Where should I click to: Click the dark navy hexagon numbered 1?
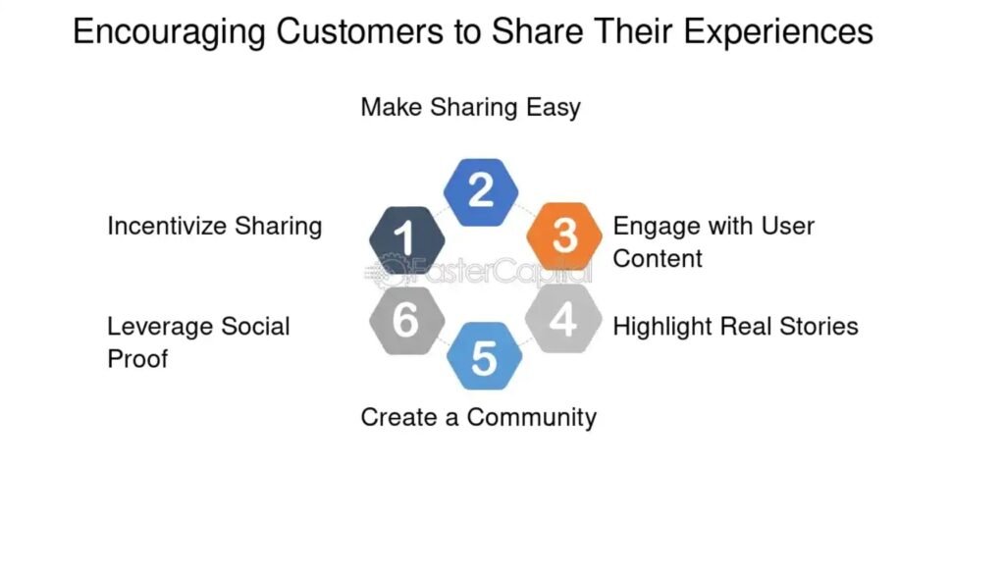click(x=407, y=239)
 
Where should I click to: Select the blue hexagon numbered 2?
click(x=481, y=192)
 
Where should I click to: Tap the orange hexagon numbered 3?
click(x=564, y=235)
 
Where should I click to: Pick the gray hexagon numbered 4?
click(x=563, y=318)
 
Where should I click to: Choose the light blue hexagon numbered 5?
click(x=484, y=356)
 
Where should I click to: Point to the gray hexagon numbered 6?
click(x=407, y=320)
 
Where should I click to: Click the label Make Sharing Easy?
click(x=470, y=108)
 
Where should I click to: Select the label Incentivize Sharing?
click(x=215, y=227)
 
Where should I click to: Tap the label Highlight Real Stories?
click(x=735, y=327)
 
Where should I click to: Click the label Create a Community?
click(x=478, y=418)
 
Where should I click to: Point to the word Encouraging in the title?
click(x=169, y=32)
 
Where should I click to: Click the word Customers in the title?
click(x=359, y=31)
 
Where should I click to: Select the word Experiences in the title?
click(x=778, y=32)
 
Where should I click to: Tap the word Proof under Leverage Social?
click(x=137, y=359)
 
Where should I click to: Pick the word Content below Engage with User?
click(x=658, y=259)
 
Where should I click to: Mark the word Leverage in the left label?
click(x=160, y=327)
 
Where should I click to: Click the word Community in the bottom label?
click(x=531, y=418)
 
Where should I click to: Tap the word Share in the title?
click(x=538, y=31)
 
